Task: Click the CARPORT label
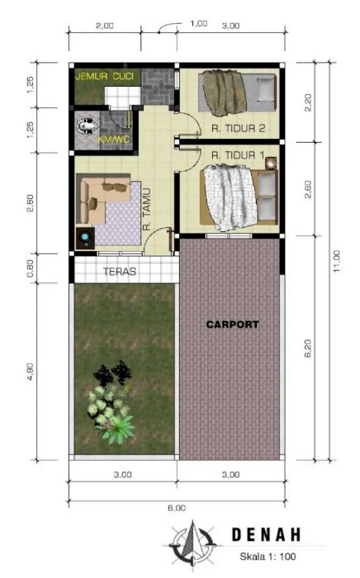(x=233, y=325)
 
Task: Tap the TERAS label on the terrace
(x=120, y=272)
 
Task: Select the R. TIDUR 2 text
(x=238, y=128)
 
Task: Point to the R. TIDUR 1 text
(x=238, y=155)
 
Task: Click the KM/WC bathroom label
(x=114, y=140)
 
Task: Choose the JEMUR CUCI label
(x=104, y=76)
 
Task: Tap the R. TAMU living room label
(x=147, y=209)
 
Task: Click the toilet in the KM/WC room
(x=87, y=126)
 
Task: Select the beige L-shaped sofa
(x=104, y=200)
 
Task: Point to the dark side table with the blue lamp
(x=86, y=238)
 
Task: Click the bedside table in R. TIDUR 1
(x=271, y=163)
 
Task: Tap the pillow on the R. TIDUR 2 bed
(x=265, y=89)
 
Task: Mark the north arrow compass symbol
(x=192, y=543)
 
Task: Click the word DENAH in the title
(x=266, y=535)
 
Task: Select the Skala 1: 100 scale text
(x=268, y=557)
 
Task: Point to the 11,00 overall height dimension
(x=336, y=261)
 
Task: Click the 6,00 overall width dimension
(x=177, y=508)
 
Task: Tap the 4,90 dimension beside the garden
(x=30, y=372)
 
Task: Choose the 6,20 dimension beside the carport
(x=308, y=348)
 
